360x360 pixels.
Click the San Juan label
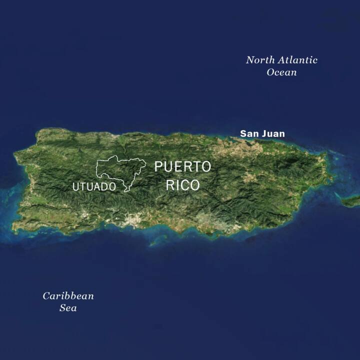click(x=262, y=133)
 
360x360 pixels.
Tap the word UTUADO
click(x=94, y=187)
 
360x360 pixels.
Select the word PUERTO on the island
click(x=182, y=166)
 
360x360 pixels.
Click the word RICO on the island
click(x=182, y=185)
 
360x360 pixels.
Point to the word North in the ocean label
click(x=258, y=60)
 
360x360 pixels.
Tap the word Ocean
click(x=281, y=72)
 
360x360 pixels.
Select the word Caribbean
click(x=68, y=296)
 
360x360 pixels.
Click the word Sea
click(x=68, y=308)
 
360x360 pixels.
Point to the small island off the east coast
click(x=351, y=200)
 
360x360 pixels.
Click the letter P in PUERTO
click(x=158, y=166)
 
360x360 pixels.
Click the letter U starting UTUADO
click(x=76, y=187)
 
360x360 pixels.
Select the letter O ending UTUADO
click(x=112, y=187)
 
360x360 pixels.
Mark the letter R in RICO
click(x=170, y=185)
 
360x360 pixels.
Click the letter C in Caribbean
click(x=46, y=296)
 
